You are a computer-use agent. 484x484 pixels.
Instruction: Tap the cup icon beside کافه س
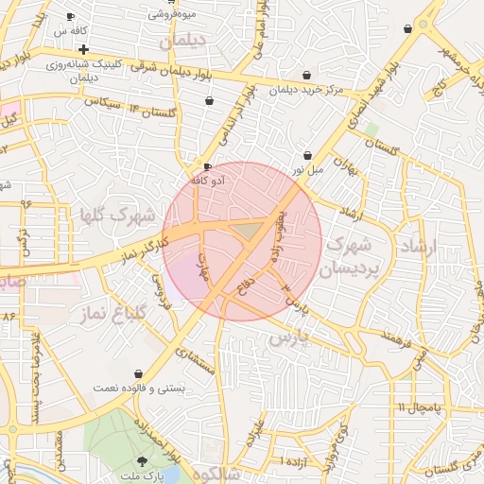(x=72, y=17)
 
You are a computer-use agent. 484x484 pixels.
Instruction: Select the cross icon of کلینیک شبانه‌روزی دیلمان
(x=84, y=49)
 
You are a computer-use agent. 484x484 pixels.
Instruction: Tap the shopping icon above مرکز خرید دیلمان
(x=306, y=76)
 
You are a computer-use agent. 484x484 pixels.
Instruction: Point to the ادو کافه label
(x=208, y=180)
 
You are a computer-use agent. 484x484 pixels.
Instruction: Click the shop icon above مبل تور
(x=307, y=155)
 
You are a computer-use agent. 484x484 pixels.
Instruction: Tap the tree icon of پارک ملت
(x=143, y=460)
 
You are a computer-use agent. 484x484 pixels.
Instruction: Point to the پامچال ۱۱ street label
(x=419, y=407)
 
